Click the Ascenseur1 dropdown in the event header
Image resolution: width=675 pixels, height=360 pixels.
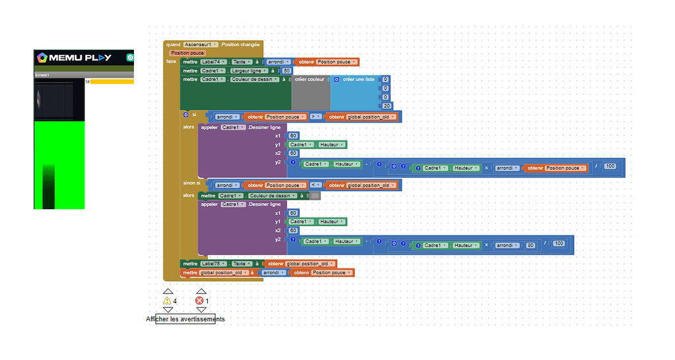point(201,44)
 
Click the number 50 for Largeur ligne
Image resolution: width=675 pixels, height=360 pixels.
point(286,71)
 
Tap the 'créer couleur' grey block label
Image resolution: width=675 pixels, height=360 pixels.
point(309,79)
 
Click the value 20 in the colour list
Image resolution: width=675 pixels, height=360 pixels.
point(386,105)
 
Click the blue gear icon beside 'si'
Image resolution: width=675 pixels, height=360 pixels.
point(185,115)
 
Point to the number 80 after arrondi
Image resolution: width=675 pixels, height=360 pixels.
point(530,245)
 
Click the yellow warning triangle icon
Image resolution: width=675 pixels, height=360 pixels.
point(167,301)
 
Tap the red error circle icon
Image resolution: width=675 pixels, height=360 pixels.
point(200,301)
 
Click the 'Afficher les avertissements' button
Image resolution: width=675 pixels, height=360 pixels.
point(185,319)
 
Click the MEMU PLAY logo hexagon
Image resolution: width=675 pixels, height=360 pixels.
point(42,57)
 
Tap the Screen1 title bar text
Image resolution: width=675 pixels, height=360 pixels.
point(42,75)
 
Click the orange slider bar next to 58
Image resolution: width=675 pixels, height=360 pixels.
point(112,82)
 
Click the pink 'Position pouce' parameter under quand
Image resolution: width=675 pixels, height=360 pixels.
point(187,53)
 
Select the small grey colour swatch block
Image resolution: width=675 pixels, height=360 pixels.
point(315,195)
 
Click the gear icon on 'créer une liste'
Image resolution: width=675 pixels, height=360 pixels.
point(337,79)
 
